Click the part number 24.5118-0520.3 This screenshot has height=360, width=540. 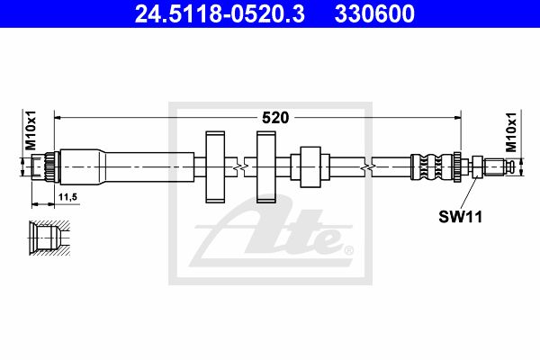coord(220,13)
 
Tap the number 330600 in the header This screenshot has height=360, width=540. coord(374,13)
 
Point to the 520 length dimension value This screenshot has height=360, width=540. coord(275,118)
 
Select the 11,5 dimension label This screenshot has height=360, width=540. coord(67,197)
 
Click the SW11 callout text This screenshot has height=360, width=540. coord(461,217)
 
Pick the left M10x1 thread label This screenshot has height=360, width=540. coord(31,130)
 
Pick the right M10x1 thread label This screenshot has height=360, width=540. coord(511,132)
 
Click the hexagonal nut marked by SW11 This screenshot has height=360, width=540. coord(477,166)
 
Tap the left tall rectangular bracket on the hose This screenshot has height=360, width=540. coord(215,166)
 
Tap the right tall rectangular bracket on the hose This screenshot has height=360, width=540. coord(266,166)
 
